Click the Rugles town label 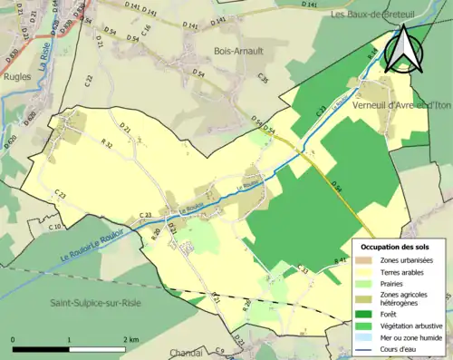click(x=17, y=102)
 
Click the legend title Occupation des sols click(x=395, y=246)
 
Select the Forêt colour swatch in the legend click(x=364, y=314)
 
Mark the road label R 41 click(x=341, y=261)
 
